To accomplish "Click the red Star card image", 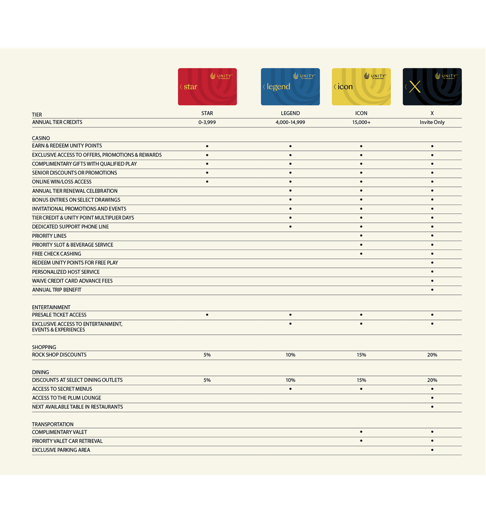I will click(207, 87).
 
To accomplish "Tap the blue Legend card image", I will click(290, 87).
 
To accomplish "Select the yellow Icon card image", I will click(361, 87).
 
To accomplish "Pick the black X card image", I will click(432, 87).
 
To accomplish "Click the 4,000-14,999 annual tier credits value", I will click(290, 122).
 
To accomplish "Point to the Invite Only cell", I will click(432, 122).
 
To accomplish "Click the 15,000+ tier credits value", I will click(361, 122).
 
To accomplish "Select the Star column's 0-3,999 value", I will click(207, 122).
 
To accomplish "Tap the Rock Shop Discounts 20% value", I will click(432, 355).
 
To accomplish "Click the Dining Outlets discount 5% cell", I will click(207, 380).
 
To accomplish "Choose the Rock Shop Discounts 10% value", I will click(290, 355).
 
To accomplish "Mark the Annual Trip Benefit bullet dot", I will click(432, 290).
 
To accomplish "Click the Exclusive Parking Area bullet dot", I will click(432, 450).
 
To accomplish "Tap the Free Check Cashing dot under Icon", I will click(361, 254).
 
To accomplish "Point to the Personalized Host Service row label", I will click(66, 272).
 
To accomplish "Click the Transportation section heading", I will click(53, 425).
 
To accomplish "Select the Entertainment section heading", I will click(51, 308).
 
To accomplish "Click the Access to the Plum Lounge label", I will click(66, 398).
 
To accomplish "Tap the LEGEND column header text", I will click(290, 113).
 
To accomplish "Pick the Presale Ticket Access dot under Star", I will click(207, 315).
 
